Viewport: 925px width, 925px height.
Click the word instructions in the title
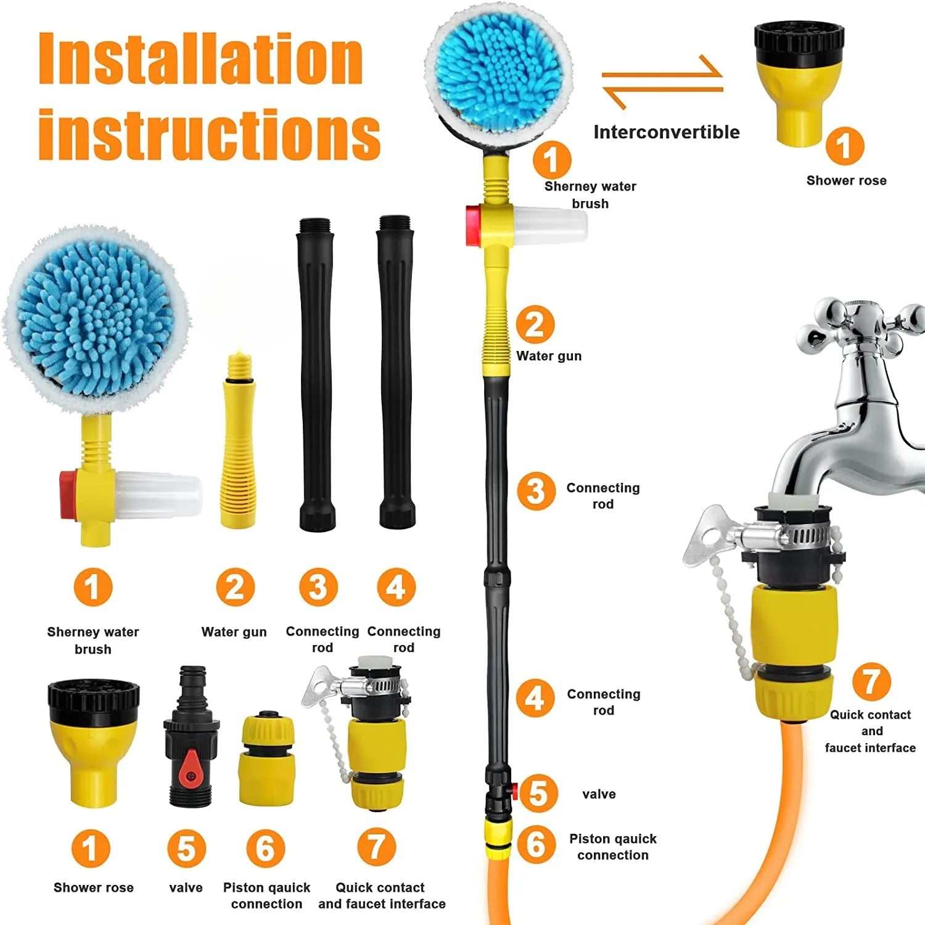pyautogui.click(x=209, y=134)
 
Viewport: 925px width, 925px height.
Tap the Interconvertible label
pyautogui.click(x=667, y=132)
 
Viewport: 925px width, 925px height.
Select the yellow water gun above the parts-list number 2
pyautogui.click(x=239, y=441)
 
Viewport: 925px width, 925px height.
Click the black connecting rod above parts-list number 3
pyautogui.click(x=317, y=374)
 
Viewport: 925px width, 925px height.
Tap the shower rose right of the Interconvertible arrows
pyautogui.click(x=799, y=83)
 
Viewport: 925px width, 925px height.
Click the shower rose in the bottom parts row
pyautogui.click(x=94, y=742)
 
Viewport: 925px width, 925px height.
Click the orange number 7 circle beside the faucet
pyautogui.click(x=871, y=681)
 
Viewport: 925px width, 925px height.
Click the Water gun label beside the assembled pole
pyautogui.click(x=549, y=356)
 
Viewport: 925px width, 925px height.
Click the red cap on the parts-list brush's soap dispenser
pyautogui.click(x=68, y=495)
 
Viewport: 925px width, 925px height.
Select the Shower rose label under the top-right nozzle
pyautogui.click(x=847, y=181)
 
